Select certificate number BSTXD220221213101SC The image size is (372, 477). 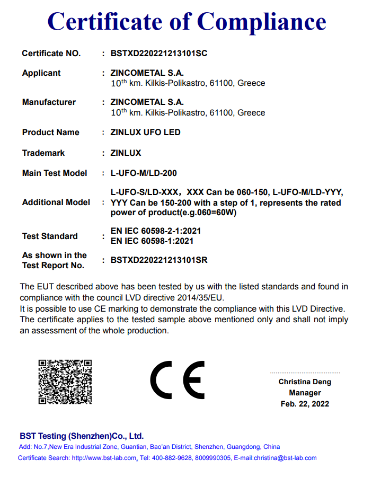(159, 53)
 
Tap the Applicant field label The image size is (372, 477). (41, 73)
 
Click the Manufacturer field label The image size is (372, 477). (49, 102)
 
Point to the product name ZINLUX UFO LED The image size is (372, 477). (146, 132)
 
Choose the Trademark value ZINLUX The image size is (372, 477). (126, 153)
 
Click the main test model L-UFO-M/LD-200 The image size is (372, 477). (144, 173)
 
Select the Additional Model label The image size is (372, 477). (56, 202)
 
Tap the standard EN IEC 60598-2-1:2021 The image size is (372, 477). (156, 231)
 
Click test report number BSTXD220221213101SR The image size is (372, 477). (159, 260)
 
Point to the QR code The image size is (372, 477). (65, 382)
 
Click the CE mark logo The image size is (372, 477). (178, 381)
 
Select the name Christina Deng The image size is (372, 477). (305, 382)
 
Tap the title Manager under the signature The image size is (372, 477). (305, 393)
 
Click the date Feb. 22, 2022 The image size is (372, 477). (305, 404)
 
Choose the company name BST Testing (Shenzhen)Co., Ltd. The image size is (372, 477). (82, 436)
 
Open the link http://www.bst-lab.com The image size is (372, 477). (104, 458)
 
